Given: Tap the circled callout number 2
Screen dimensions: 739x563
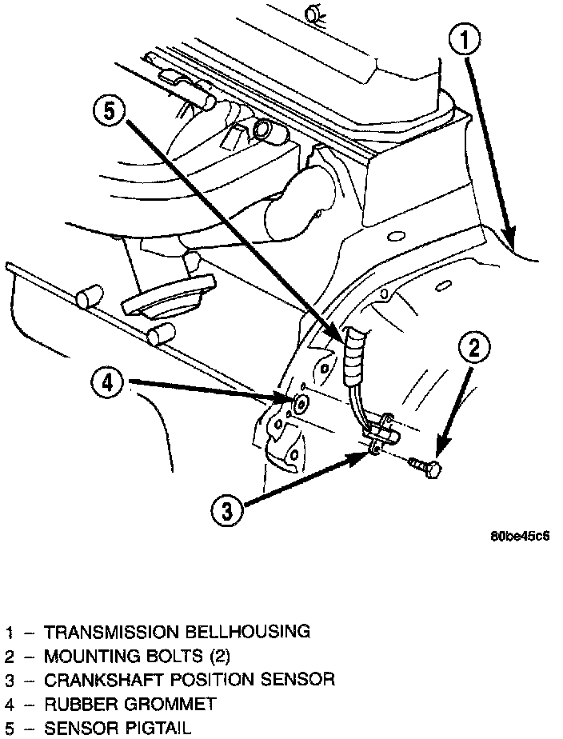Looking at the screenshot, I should point(473,349).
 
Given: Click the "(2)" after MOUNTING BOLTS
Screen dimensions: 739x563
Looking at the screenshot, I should point(217,657).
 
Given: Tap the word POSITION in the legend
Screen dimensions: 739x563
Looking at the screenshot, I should point(204,681).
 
